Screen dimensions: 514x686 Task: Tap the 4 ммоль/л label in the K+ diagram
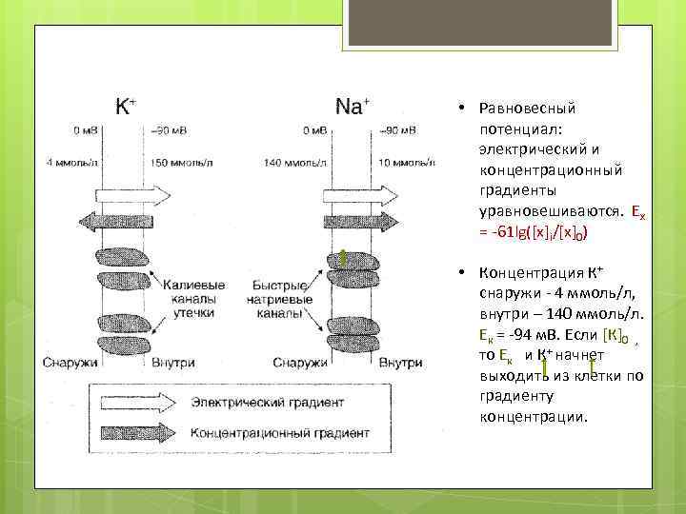coord(72,162)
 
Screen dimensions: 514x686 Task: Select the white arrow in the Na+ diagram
coord(353,191)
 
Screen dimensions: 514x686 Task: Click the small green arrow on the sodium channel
coord(342,257)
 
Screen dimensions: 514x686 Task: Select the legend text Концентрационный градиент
coord(268,433)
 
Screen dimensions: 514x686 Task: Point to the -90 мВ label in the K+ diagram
coord(171,130)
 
